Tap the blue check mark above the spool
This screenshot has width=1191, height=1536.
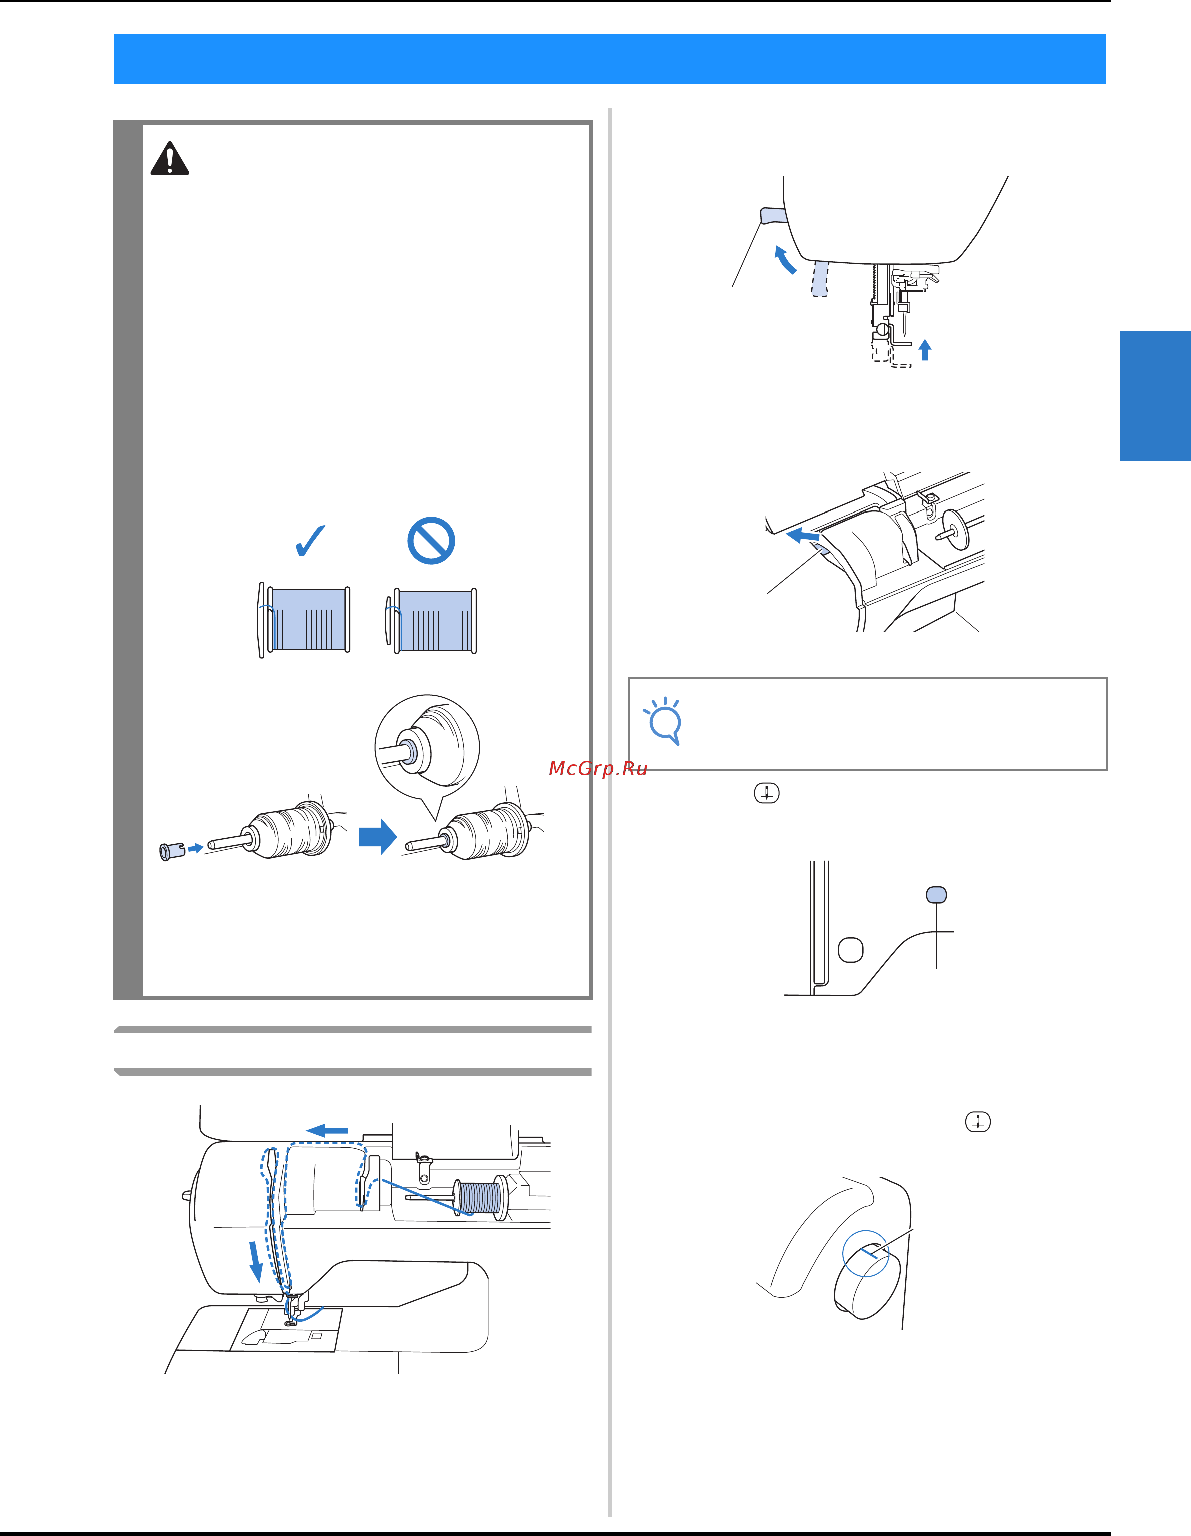(310, 540)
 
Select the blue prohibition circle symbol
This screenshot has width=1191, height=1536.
(431, 540)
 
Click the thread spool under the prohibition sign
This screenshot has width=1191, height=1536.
(431, 620)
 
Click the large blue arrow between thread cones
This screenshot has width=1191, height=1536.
(378, 837)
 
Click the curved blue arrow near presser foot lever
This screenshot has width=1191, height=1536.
(785, 258)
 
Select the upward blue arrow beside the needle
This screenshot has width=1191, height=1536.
(925, 349)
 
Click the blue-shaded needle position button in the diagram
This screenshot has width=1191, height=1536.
(936, 894)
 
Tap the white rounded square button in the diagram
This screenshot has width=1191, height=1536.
(851, 949)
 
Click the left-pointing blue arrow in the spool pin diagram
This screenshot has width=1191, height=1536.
(802, 536)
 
